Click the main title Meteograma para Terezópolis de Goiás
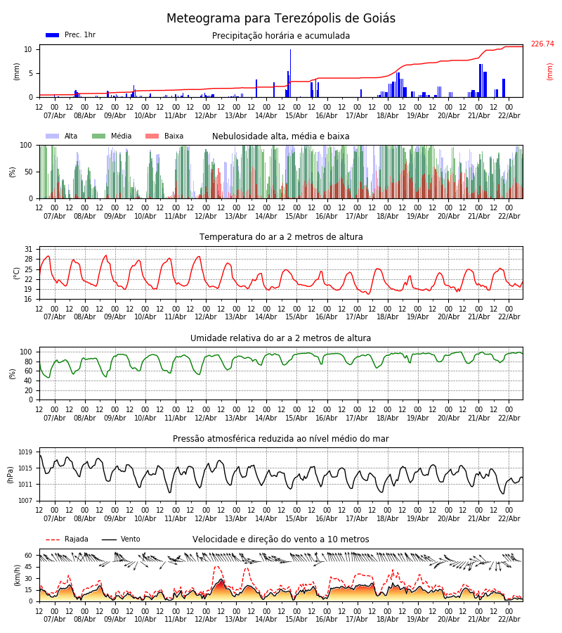click(281, 18)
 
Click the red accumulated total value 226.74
click(542, 44)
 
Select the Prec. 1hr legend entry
click(71, 35)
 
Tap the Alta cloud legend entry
click(63, 136)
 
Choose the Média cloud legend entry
click(112, 136)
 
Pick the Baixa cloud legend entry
click(164, 136)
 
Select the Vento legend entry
click(121, 539)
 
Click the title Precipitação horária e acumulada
click(281, 36)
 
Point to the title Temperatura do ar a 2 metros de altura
click(281, 237)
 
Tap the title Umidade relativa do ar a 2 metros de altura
click(281, 338)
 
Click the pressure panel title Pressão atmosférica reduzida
click(281, 439)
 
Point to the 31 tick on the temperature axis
click(29, 249)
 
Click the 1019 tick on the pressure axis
click(25, 452)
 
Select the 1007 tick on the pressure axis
click(25, 501)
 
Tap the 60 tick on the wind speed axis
click(29, 555)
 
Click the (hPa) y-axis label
click(10, 474)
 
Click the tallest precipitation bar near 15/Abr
click(290, 73)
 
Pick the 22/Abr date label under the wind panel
click(509, 619)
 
